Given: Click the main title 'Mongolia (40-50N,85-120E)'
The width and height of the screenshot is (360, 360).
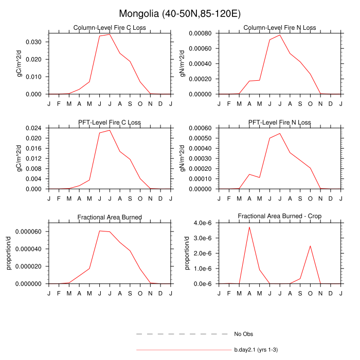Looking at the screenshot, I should [x=179, y=14].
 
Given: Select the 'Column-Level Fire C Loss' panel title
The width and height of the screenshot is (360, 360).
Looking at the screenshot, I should [x=110, y=28].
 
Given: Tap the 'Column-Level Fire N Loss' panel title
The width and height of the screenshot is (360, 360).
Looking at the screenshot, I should [x=280, y=28].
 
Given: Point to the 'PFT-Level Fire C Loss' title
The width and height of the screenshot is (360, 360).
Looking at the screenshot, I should [x=110, y=122].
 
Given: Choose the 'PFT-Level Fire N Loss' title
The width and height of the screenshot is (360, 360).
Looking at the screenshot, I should [x=280, y=122].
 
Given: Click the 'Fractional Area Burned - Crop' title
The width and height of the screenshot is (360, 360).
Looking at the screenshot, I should [x=280, y=217].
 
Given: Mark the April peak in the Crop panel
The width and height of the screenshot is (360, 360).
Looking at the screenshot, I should [x=249, y=227].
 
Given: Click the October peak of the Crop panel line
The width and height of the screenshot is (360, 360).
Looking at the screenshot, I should [x=310, y=246].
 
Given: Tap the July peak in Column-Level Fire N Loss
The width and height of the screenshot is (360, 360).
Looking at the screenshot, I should [x=280, y=35].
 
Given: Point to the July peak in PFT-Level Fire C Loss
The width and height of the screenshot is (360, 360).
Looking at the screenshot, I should [x=110, y=130].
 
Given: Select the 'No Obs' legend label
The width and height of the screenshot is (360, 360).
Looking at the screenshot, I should [x=242, y=334].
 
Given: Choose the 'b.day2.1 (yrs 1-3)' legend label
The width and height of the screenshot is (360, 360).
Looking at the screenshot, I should [x=256, y=350].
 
